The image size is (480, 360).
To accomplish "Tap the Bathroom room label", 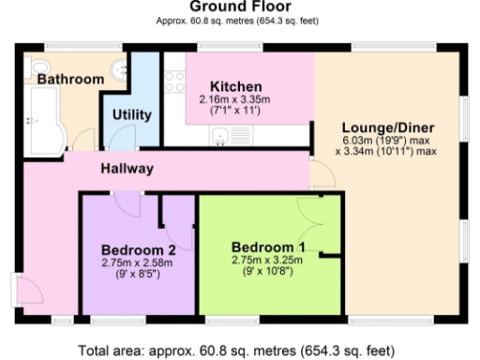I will coord(70,80).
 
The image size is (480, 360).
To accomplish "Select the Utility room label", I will coord(131,114).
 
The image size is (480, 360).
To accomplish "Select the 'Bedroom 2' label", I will coord(138,249).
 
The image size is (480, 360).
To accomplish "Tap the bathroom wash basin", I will coord(119,70).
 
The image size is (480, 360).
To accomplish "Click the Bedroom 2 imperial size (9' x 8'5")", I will coord(138,275).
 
